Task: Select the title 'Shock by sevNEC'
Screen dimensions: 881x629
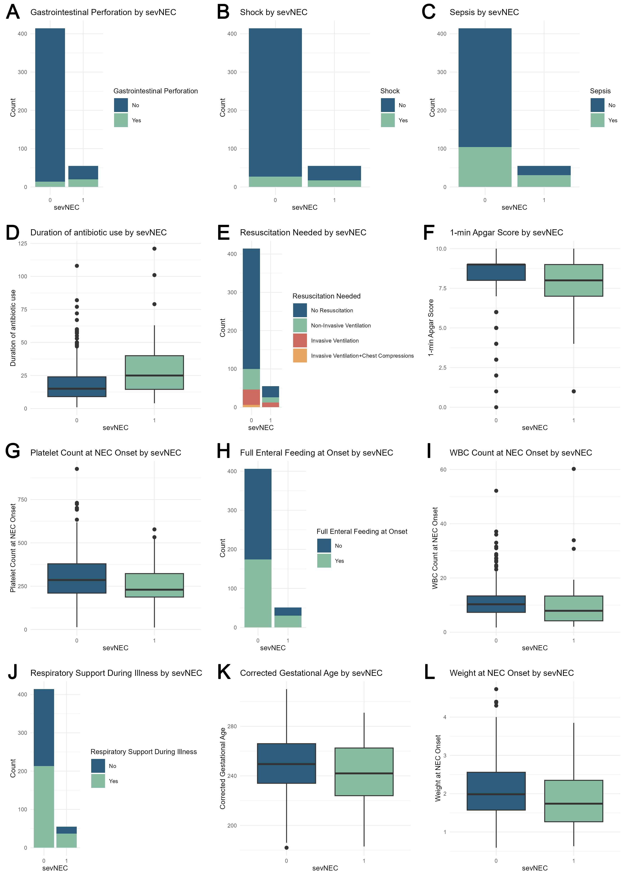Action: tap(273, 12)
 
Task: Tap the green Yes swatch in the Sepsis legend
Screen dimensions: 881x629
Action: tap(597, 120)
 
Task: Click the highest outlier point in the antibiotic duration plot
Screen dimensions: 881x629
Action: tap(154, 249)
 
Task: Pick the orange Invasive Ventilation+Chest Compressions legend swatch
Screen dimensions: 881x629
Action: tap(300, 356)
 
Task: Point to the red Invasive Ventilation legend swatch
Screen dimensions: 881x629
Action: tap(300, 340)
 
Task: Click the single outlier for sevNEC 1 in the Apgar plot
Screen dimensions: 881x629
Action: tap(574, 391)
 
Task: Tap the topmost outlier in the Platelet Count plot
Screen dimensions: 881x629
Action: tap(77, 469)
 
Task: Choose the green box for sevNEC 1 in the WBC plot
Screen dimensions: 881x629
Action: tap(574, 608)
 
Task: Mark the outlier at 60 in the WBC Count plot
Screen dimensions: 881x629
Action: tap(574, 469)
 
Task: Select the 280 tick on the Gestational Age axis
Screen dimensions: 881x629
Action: tap(232, 726)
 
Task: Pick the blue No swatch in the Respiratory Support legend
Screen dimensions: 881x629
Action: tap(98, 766)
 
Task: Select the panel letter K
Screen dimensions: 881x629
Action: tap(224, 672)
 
